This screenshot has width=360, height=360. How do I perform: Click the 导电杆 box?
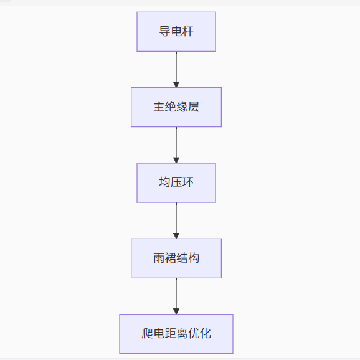point(176,32)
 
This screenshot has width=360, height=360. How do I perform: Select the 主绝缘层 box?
point(176,107)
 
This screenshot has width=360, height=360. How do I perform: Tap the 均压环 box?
point(176,182)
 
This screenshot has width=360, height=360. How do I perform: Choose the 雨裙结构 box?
point(176,258)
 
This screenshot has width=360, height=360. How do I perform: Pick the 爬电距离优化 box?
point(176,334)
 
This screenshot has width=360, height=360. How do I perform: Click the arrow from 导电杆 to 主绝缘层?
point(176,70)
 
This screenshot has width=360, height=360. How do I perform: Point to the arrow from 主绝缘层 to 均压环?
point(176,145)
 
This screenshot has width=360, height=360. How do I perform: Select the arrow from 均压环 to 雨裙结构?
point(176,220)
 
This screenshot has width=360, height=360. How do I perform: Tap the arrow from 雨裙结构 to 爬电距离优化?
point(176,296)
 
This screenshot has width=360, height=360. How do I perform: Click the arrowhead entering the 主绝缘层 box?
point(176,85)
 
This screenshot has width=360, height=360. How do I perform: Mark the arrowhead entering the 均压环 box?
point(176,160)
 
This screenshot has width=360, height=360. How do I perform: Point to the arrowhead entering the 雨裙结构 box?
point(176,236)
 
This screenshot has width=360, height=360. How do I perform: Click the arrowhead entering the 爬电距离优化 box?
point(176,311)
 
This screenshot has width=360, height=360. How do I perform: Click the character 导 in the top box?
point(164,31)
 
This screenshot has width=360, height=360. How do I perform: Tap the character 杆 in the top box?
point(188,31)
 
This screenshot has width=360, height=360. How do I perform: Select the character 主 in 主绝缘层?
point(159,107)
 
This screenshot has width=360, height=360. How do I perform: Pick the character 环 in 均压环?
point(188,182)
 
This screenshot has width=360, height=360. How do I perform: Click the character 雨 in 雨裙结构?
point(159,258)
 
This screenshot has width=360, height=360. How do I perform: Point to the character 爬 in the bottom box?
point(147,333)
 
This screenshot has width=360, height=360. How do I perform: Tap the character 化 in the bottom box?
point(206,333)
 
